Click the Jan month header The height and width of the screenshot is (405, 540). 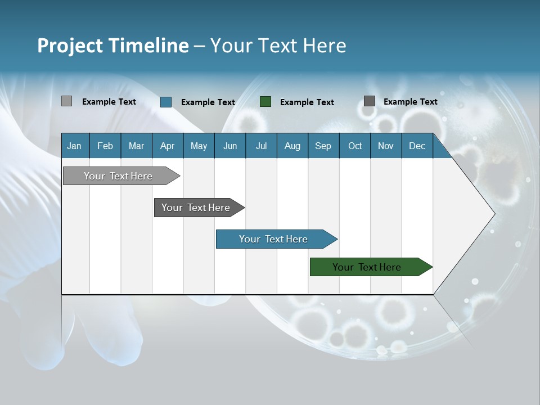(x=75, y=146)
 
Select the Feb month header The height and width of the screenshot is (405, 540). (x=105, y=146)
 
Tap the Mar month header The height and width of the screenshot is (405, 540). (x=136, y=146)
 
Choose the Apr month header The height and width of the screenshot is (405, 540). (x=167, y=146)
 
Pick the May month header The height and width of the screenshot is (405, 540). (x=199, y=146)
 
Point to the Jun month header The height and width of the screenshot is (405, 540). (x=230, y=146)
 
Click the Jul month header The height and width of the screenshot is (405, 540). (x=261, y=146)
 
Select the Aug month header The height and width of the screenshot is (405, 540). (x=292, y=146)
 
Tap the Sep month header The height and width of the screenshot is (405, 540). (x=323, y=146)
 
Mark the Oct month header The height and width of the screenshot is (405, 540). (x=355, y=146)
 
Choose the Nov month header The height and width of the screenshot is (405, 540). (x=386, y=146)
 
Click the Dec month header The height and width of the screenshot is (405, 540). (x=417, y=146)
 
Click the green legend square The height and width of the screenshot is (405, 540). (x=265, y=101)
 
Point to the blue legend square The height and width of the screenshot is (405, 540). (x=166, y=102)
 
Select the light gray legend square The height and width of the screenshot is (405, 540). (x=66, y=101)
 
